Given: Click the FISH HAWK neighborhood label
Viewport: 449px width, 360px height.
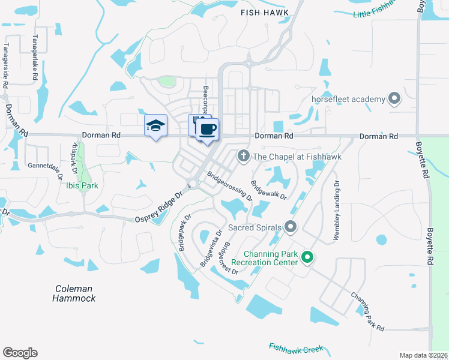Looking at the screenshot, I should [265, 12].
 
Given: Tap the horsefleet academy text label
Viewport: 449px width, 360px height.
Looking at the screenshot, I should [340, 98].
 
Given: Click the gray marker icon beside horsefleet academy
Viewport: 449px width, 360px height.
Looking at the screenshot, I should [394, 98].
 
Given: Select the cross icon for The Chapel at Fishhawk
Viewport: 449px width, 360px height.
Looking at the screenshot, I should [243, 156].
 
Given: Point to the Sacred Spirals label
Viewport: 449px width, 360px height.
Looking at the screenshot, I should [254, 228].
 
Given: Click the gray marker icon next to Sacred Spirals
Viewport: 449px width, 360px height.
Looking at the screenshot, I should [291, 227].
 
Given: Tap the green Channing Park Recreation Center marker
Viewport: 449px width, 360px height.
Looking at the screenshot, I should [307, 258].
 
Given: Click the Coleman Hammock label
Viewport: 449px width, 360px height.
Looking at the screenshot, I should [74, 293].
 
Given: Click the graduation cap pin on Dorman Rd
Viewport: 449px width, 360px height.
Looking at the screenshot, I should [155, 126].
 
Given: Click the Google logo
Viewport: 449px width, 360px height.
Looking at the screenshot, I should [20, 353].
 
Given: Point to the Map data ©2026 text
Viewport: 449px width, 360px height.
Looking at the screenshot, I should [424, 355].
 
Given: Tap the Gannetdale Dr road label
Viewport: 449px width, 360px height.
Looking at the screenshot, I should [45, 166].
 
